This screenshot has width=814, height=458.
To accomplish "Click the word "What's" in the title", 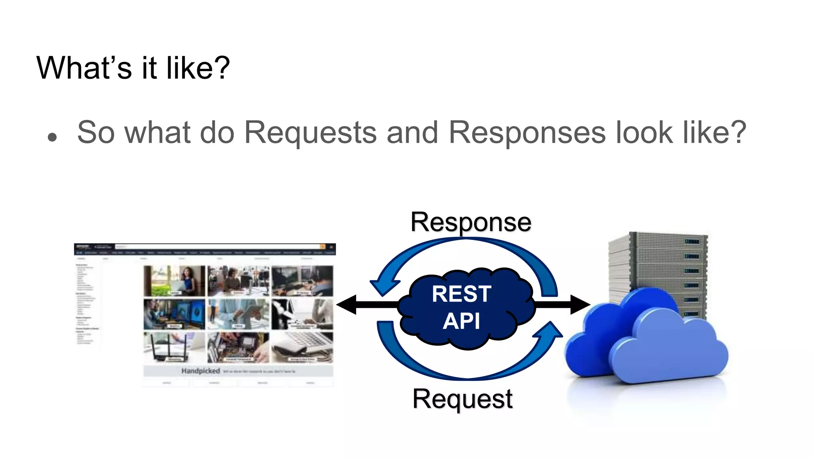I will tap(84, 68).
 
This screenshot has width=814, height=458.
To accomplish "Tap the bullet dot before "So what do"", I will tap(52, 138).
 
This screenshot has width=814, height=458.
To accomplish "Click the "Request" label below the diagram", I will tap(463, 399).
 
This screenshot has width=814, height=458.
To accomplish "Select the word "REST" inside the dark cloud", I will tap(461, 294).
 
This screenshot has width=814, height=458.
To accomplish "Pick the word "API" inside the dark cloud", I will tap(461, 321).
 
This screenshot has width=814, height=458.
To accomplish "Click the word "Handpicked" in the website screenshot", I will tap(201, 371).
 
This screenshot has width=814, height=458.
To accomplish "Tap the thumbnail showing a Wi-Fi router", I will tap(174, 347).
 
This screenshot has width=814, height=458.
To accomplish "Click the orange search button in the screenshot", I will tap(323, 247).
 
